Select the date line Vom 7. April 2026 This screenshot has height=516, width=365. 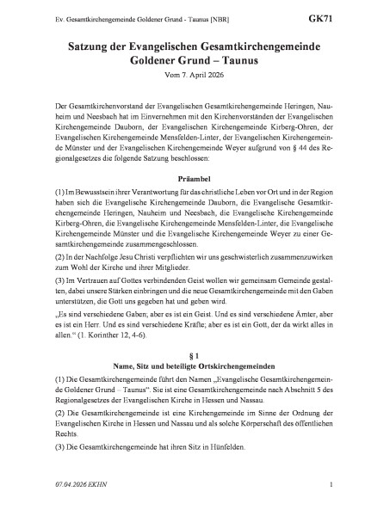coord(182,71)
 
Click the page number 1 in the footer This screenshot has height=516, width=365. coord(331,487)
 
